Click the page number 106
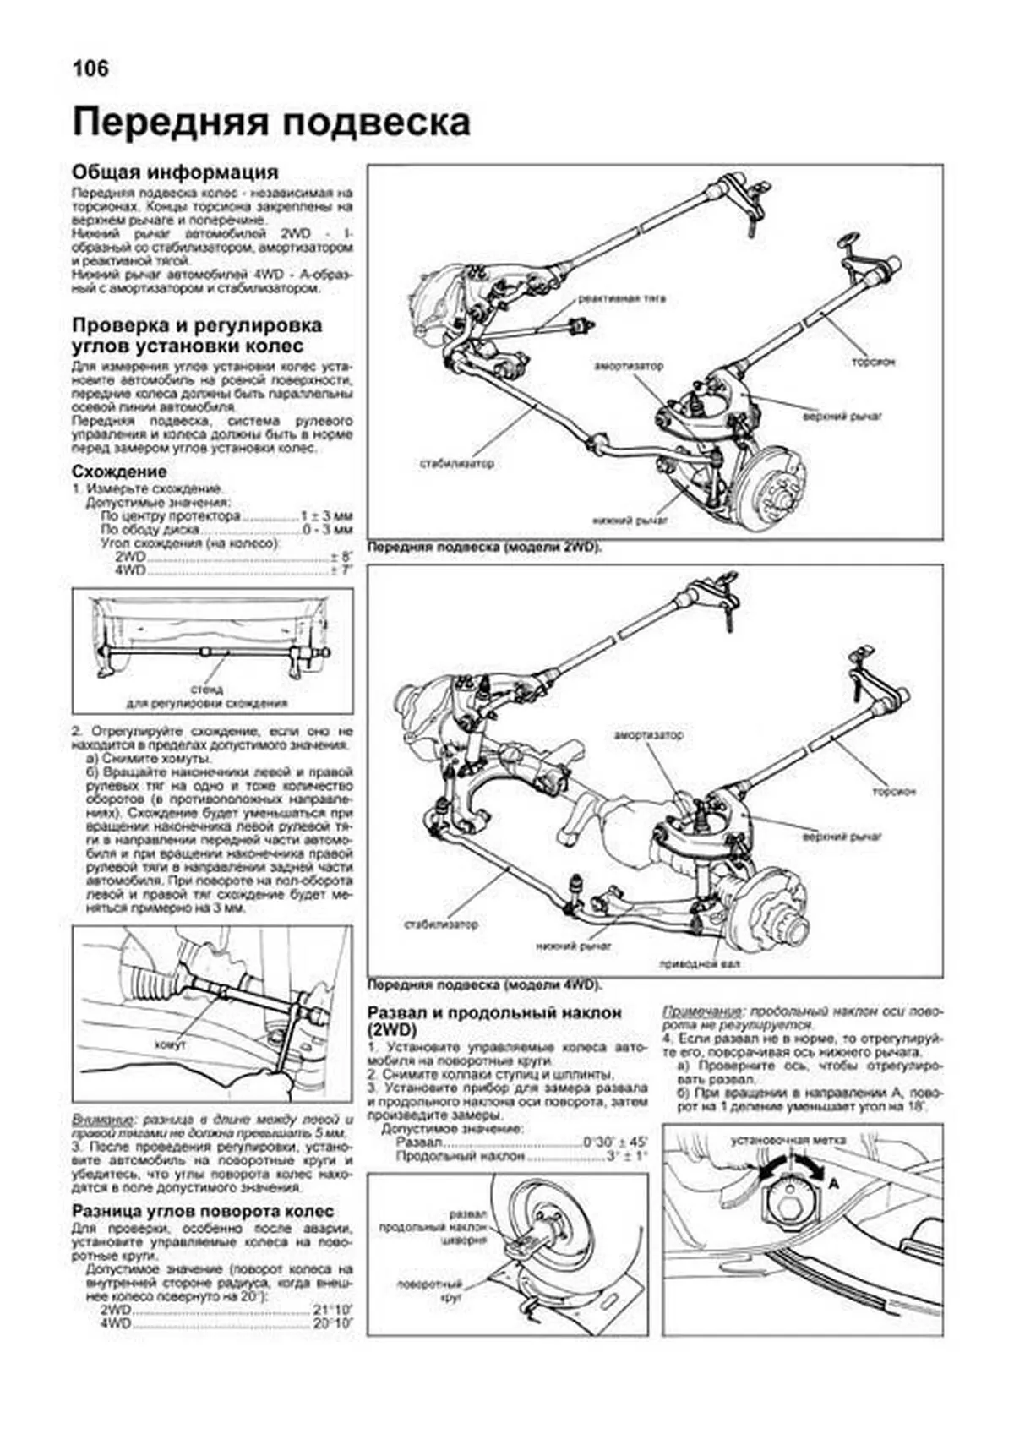(x=90, y=68)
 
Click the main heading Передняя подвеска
(x=271, y=123)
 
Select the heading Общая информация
(x=175, y=172)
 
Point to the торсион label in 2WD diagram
(x=873, y=362)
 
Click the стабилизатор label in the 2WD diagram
(x=456, y=464)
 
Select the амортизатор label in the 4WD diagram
(x=649, y=735)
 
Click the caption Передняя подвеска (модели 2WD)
(x=486, y=548)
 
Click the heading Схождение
(x=119, y=472)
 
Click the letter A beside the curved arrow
(x=832, y=1184)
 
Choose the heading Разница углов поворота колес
(x=204, y=1212)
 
